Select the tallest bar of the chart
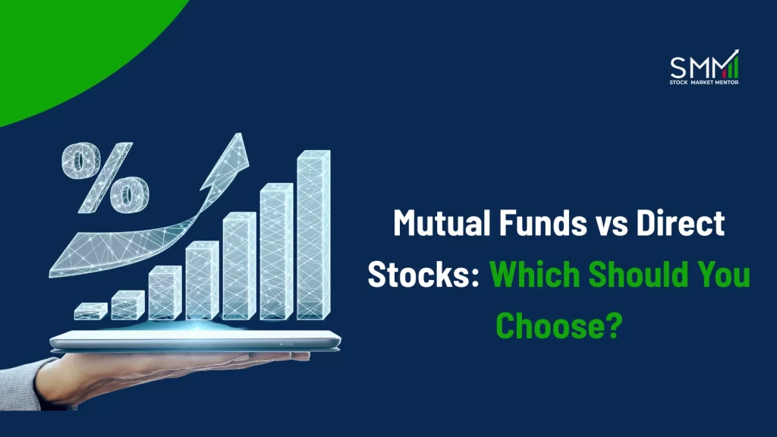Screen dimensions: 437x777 pyautogui.click(x=313, y=235)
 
